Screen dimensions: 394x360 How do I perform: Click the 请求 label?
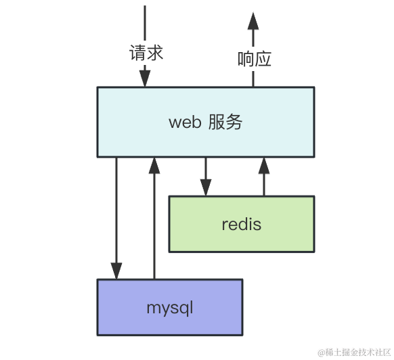[146, 53]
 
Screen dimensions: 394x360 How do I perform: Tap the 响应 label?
[255, 59]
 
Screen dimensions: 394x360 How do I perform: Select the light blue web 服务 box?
[206, 122]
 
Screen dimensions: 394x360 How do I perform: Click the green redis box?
[242, 224]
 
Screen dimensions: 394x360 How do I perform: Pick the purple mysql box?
[170, 307]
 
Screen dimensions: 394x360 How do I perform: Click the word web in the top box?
[185, 122]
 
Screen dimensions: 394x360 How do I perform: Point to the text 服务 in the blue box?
[225, 122]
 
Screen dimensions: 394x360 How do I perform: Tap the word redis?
[242, 224]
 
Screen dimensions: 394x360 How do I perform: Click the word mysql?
[170, 309]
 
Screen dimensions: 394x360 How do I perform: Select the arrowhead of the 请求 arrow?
[145, 78]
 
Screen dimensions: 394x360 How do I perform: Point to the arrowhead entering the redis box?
[206, 187]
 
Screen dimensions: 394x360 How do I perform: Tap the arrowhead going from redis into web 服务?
[264, 166]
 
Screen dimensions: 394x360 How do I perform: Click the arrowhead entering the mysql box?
[116, 271]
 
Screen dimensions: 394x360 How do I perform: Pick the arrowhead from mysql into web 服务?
[154, 166]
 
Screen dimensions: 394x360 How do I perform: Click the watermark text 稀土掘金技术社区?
[358, 352]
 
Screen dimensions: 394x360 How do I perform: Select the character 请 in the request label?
[137, 53]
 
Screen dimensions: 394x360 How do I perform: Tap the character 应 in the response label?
[263, 59]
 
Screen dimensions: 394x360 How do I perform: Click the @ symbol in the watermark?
[322, 353]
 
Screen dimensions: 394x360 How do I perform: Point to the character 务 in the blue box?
[234, 122]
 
